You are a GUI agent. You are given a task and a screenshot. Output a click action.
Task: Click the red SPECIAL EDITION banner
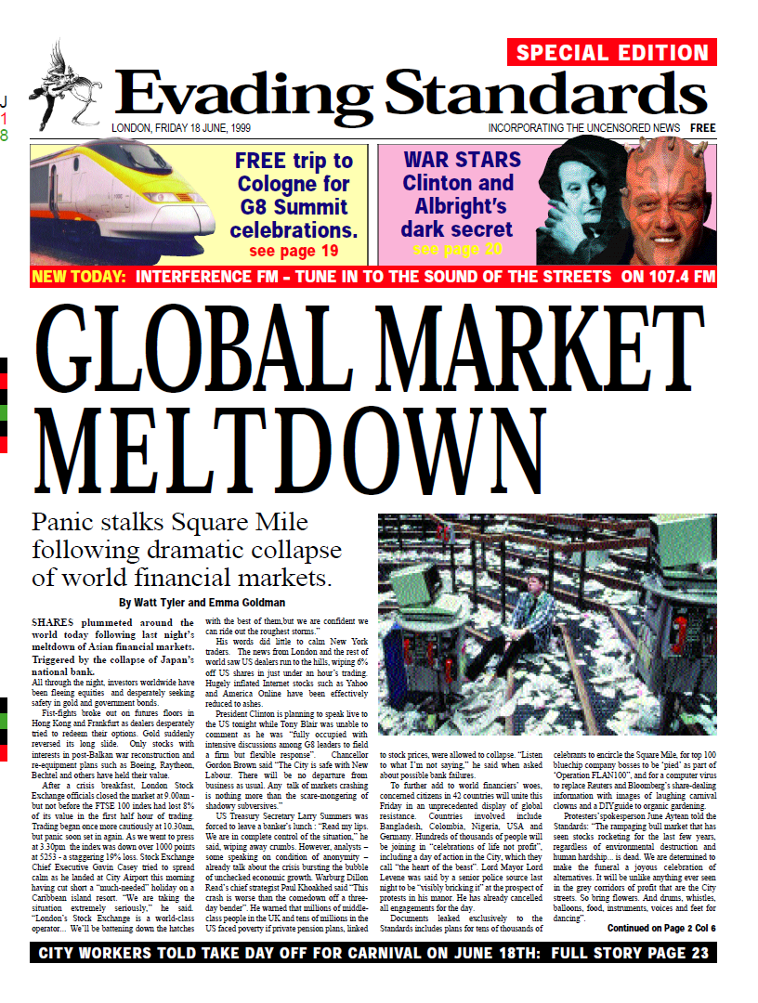point(612,53)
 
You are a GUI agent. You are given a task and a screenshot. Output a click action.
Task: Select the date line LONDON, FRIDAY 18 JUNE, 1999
point(187,128)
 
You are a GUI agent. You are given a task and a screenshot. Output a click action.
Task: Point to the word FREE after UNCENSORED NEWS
point(702,128)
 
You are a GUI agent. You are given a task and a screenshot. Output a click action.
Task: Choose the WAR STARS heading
point(462,159)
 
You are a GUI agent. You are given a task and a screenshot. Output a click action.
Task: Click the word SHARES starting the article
point(56,621)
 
